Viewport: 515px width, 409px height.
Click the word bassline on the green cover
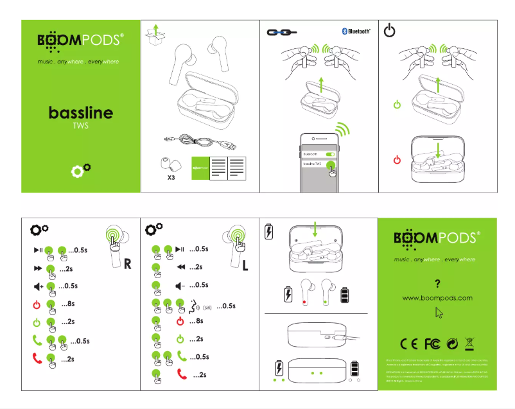(x=81, y=113)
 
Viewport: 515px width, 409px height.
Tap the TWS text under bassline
(x=81, y=126)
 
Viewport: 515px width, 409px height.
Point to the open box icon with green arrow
(x=153, y=35)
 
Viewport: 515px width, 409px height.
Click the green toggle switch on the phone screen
(x=331, y=154)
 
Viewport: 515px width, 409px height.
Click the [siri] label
(x=207, y=306)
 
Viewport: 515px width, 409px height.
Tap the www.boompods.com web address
(x=437, y=298)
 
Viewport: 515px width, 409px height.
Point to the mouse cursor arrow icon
(x=439, y=313)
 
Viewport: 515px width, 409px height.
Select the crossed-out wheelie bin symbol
(x=470, y=344)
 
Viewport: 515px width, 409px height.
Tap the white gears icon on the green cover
(x=81, y=170)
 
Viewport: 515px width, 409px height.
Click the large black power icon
(x=390, y=31)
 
